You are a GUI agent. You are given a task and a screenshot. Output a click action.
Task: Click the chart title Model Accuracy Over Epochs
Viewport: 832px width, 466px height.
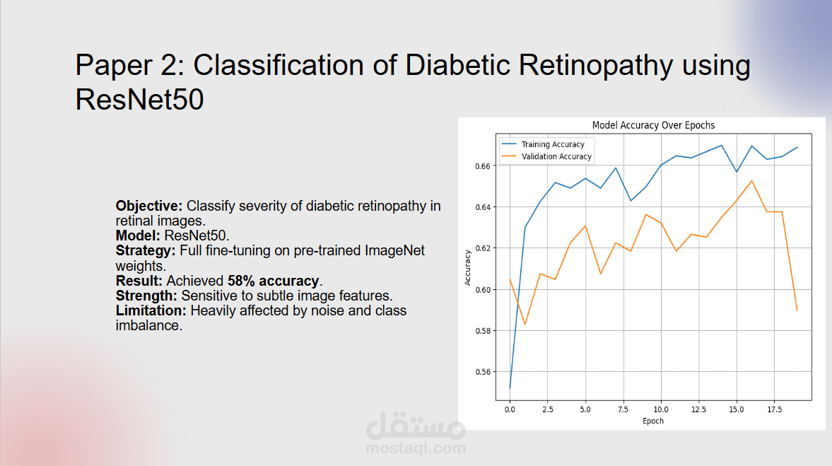[653, 125]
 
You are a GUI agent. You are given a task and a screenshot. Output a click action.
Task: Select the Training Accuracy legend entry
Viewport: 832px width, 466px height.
[553, 144]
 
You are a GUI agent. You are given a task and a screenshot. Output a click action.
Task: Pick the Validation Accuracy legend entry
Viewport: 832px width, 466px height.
[556, 156]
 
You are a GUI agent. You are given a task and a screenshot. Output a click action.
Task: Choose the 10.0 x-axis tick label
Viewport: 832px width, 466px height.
[660, 409]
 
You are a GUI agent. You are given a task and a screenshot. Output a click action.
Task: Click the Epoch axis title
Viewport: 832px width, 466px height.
[653, 421]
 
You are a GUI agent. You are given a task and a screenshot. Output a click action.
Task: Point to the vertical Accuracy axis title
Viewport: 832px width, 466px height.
[468, 268]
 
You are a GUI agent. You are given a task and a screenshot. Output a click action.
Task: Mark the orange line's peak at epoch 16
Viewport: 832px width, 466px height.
[751, 181]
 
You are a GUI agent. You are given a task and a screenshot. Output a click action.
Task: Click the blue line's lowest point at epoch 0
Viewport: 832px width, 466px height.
[510, 388]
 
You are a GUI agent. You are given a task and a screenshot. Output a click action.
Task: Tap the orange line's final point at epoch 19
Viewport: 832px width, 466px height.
[797, 310]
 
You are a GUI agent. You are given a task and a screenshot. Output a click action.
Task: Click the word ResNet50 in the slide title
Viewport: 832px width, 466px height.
[139, 100]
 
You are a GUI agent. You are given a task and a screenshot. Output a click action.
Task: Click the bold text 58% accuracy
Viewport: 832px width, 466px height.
[274, 281]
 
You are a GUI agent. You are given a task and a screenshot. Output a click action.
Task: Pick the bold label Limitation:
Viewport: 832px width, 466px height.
[151, 310]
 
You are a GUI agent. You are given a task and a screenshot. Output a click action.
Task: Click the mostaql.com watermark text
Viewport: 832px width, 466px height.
[416, 448]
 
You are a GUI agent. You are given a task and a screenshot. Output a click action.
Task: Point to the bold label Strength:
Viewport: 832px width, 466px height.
[147, 296]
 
